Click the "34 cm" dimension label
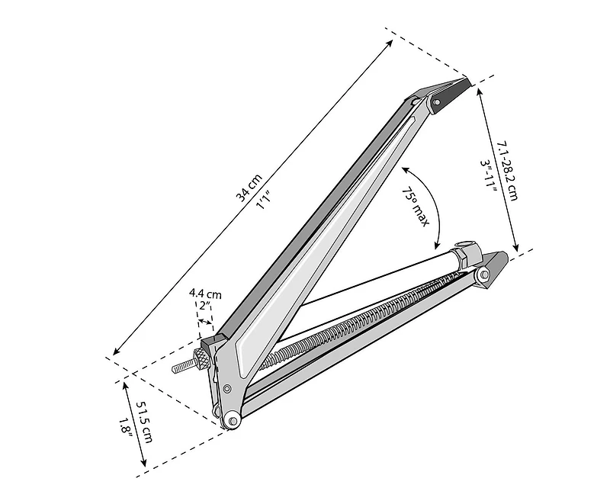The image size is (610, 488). [249, 188]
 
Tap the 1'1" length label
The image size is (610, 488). [264, 201]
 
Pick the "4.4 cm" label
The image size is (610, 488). [206, 294]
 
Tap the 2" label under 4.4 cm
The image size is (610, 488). [204, 305]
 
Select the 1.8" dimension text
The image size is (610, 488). [127, 434]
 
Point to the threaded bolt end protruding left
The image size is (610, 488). [184, 367]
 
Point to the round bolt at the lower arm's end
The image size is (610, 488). [483, 274]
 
